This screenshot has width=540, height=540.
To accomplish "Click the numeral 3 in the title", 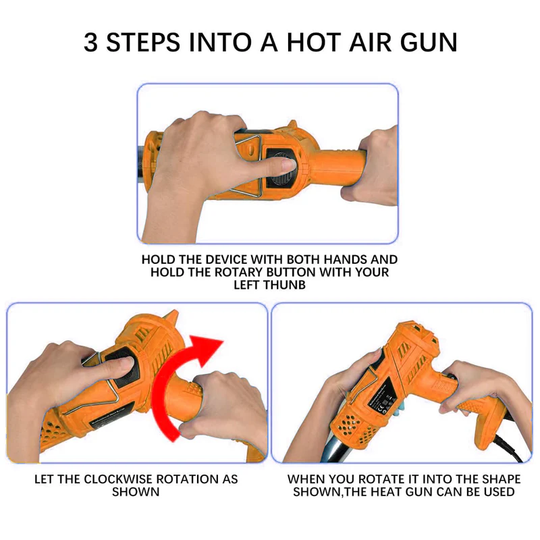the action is point(92,41).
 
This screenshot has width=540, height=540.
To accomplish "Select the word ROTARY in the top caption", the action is point(230,273).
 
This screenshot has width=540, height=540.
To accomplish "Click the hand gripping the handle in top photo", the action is point(375,165).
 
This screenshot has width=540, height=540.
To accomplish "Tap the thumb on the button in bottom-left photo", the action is point(122,365).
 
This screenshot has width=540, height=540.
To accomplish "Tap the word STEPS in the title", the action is point(144,41).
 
